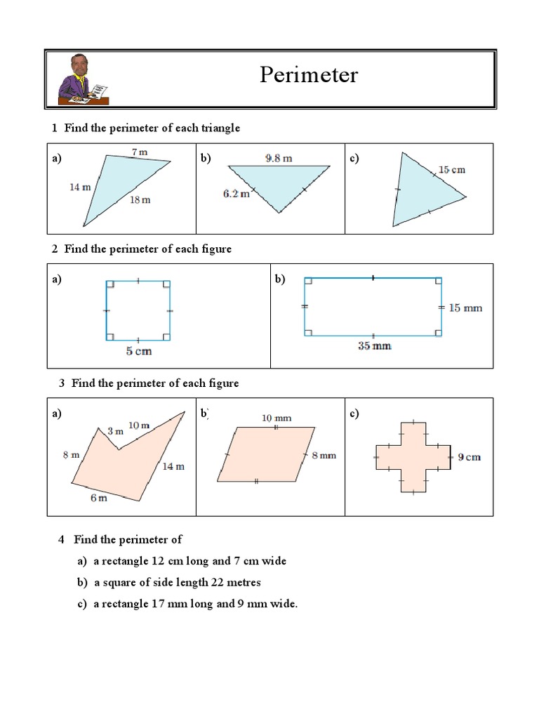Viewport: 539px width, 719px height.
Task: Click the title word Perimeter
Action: pos(308,75)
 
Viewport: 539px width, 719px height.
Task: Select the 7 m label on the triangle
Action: pos(139,152)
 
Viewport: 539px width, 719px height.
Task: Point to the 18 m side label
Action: pos(140,199)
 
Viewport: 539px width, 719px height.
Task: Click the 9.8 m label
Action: pos(279,159)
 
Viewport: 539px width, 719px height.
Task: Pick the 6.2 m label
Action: pos(237,193)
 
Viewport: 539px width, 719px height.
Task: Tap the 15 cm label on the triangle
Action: pos(451,170)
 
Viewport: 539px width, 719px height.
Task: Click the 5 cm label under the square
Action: pos(138,351)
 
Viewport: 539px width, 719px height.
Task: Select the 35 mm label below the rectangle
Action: pos(374,345)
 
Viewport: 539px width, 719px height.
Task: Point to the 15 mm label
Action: pos(465,308)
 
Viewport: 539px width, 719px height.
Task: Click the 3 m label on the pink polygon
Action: pos(115,430)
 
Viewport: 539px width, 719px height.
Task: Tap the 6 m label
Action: pos(98,498)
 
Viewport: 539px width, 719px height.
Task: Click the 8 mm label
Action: pos(324,455)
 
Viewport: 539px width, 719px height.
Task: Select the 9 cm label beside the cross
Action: pos(469,457)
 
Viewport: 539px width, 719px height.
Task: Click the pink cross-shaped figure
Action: pos(413,457)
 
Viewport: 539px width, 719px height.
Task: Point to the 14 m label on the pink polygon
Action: pos(173,466)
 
